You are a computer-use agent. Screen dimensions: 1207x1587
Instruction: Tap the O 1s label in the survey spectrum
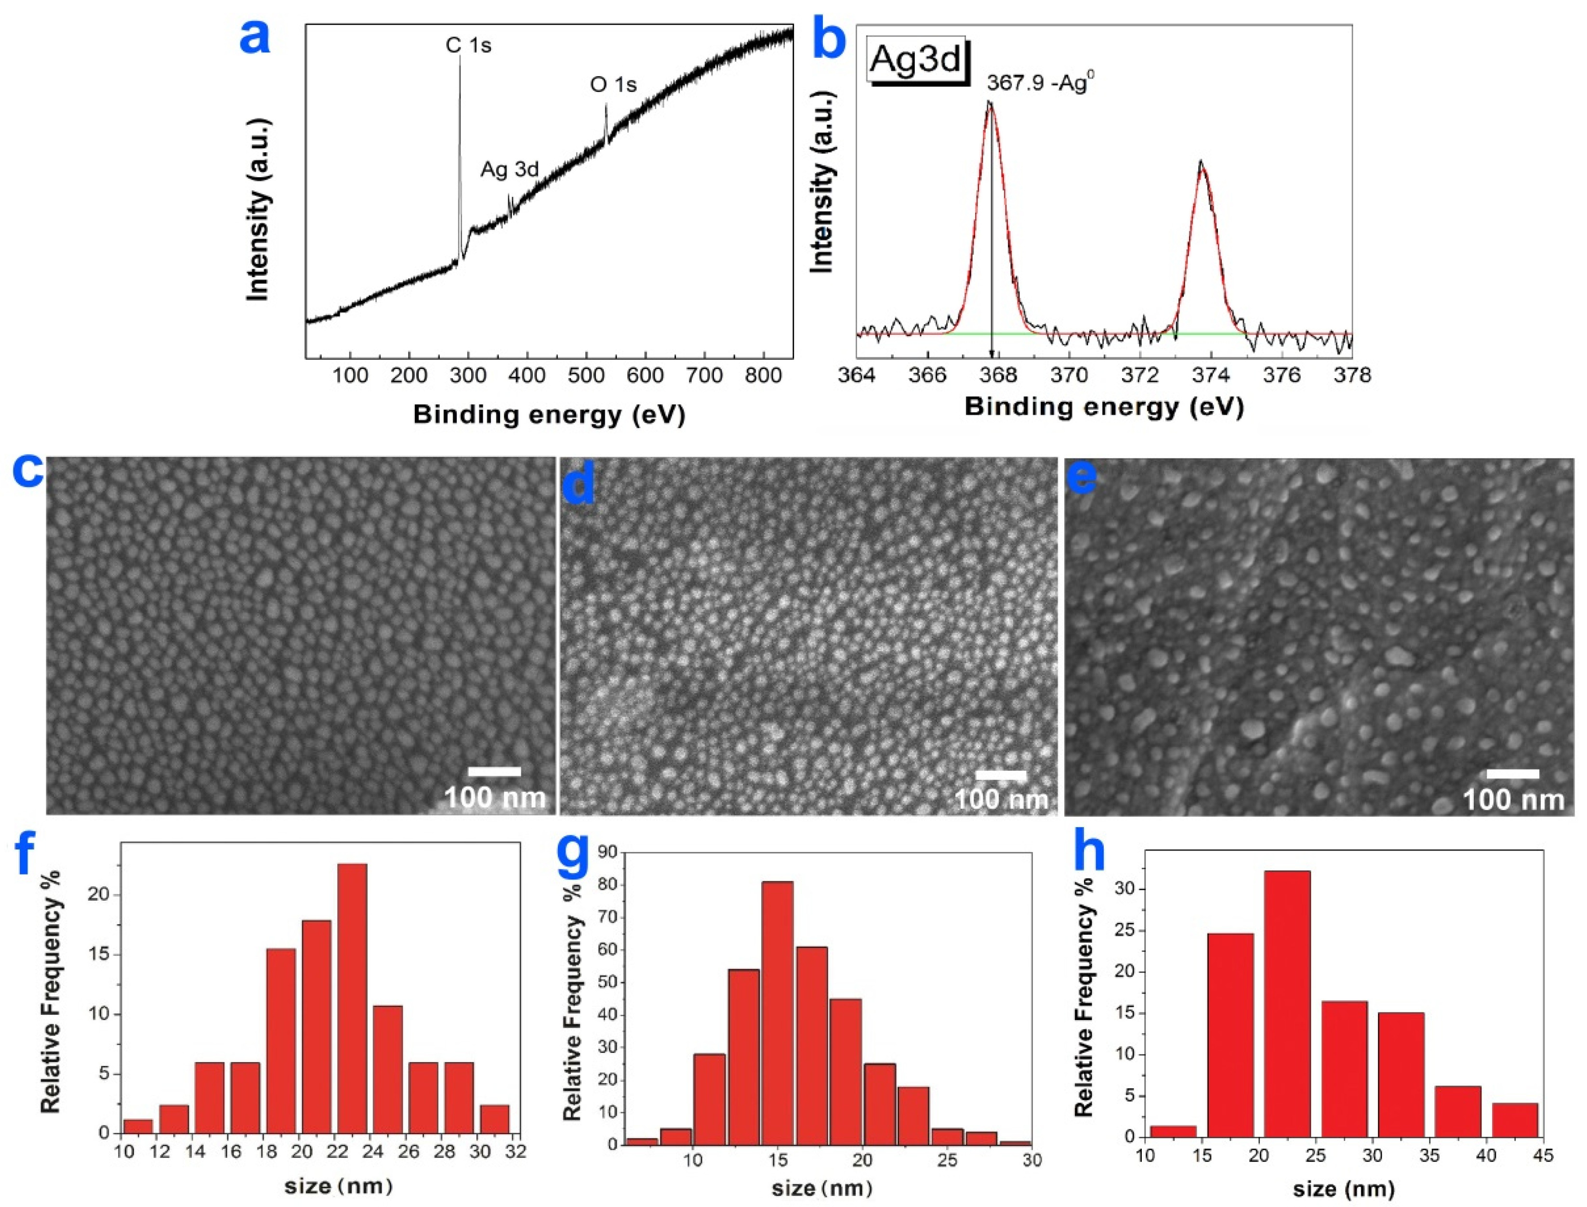[613, 85]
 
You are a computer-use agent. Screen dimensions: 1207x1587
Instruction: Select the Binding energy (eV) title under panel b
[1103, 407]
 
